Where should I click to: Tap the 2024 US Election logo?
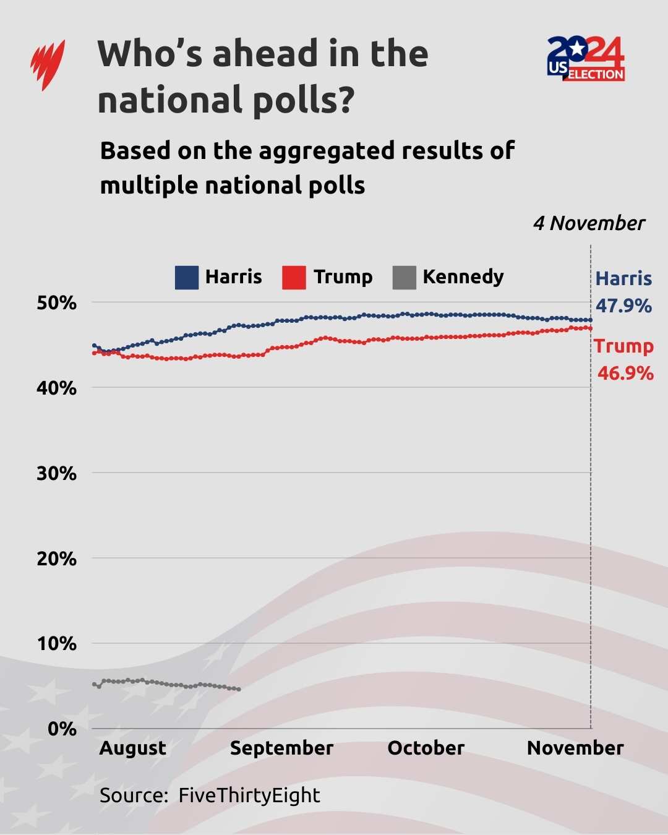[x=586, y=59]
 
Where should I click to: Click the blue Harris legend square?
[x=187, y=278]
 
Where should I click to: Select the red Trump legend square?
[x=294, y=278]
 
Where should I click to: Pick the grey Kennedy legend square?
[x=404, y=278]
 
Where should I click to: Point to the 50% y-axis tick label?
[x=57, y=303]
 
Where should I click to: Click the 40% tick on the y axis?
[x=57, y=388]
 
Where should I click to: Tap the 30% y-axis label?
[x=57, y=474]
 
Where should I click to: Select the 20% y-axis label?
[x=57, y=559]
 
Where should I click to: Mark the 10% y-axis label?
[x=57, y=644]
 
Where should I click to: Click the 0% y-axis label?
[x=62, y=729]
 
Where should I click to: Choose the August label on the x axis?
[x=133, y=748]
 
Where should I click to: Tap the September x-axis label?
[x=281, y=748]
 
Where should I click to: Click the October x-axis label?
[x=426, y=748]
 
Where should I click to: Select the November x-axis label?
[x=575, y=748]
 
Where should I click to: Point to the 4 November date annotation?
[x=589, y=223]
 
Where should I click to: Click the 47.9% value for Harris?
[x=623, y=306]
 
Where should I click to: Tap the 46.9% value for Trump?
[x=625, y=374]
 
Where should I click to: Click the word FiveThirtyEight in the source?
[x=249, y=795]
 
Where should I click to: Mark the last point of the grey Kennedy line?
[x=239, y=689]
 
